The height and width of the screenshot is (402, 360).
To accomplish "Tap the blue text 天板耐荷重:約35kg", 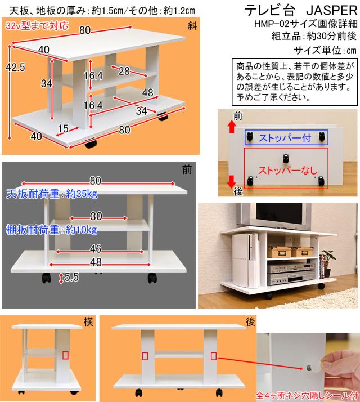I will point(51,195).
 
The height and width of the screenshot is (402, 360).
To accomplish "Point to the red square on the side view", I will point(66,356).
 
